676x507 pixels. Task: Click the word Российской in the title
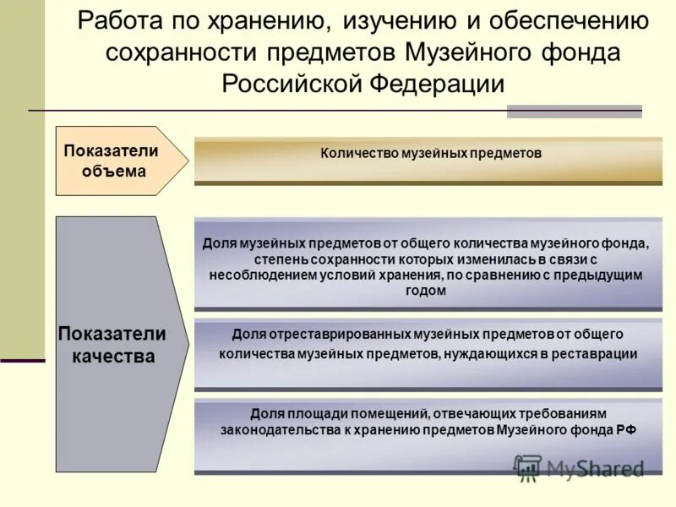[x=292, y=84]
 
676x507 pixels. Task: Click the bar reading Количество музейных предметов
[x=428, y=161]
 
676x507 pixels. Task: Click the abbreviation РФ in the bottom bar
[x=624, y=429]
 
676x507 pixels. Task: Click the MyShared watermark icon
[x=528, y=467]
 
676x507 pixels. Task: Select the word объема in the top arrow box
[x=113, y=171]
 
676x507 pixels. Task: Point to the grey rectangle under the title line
[x=574, y=112]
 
